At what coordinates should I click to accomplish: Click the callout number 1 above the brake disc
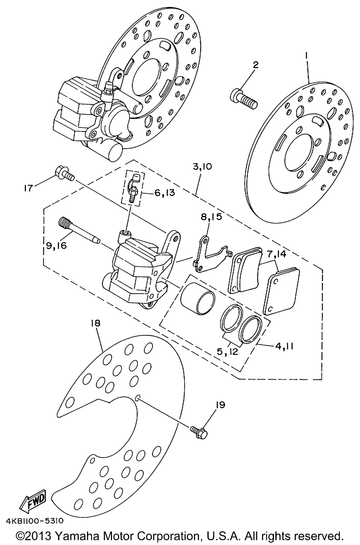point(307,56)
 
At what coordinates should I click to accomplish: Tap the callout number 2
point(256,65)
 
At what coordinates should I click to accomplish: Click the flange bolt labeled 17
point(64,173)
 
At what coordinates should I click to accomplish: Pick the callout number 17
point(28,188)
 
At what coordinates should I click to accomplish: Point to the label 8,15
point(211,217)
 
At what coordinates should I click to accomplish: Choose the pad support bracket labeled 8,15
point(209,254)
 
